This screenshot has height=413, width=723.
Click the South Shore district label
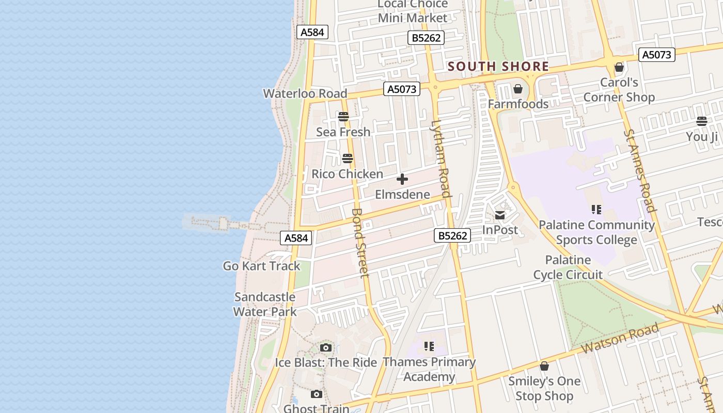pyautogui.click(x=498, y=67)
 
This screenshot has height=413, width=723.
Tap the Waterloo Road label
pyautogui.click(x=305, y=93)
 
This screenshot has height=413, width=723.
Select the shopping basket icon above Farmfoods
pyautogui.click(x=517, y=89)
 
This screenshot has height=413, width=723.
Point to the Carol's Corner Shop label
pyautogui.click(x=619, y=90)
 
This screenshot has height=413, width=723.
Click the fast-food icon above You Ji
pyautogui.click(x=701, y=121)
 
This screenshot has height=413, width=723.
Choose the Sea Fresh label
pyautogui.click(x=343, y=132)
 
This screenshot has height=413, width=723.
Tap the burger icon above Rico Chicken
pyautogui.click(x=348, y=158)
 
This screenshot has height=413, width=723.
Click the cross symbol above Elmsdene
pyautogui.click(x=402, y=180)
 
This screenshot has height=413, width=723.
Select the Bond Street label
pyautogui.click(x=360, y=243)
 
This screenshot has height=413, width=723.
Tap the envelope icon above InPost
pyautogui.click(x=500, y=215)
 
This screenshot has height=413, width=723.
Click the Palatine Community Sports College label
pyautogui.click(x=596, y=232)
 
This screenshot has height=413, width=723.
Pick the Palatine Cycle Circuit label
pyautogui.click(x=568, y=267)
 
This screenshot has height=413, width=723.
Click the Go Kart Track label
pyautogui.click(x=261, y=266)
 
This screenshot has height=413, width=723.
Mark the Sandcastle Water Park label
pyautogui.click(x=265, y=304)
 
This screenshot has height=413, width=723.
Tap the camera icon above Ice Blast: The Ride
pyautogui.click(x=325, y=347)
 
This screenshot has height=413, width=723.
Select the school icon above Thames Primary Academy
pyautogui.click(x=429, y=346)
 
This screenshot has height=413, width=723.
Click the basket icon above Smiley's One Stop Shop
pyautogui.click(x=544, y=366)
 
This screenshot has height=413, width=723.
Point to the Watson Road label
pyautogui.click(x=620, y=339)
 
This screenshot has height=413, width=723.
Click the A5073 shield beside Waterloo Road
pyautogui.click(x=402, y=89)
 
